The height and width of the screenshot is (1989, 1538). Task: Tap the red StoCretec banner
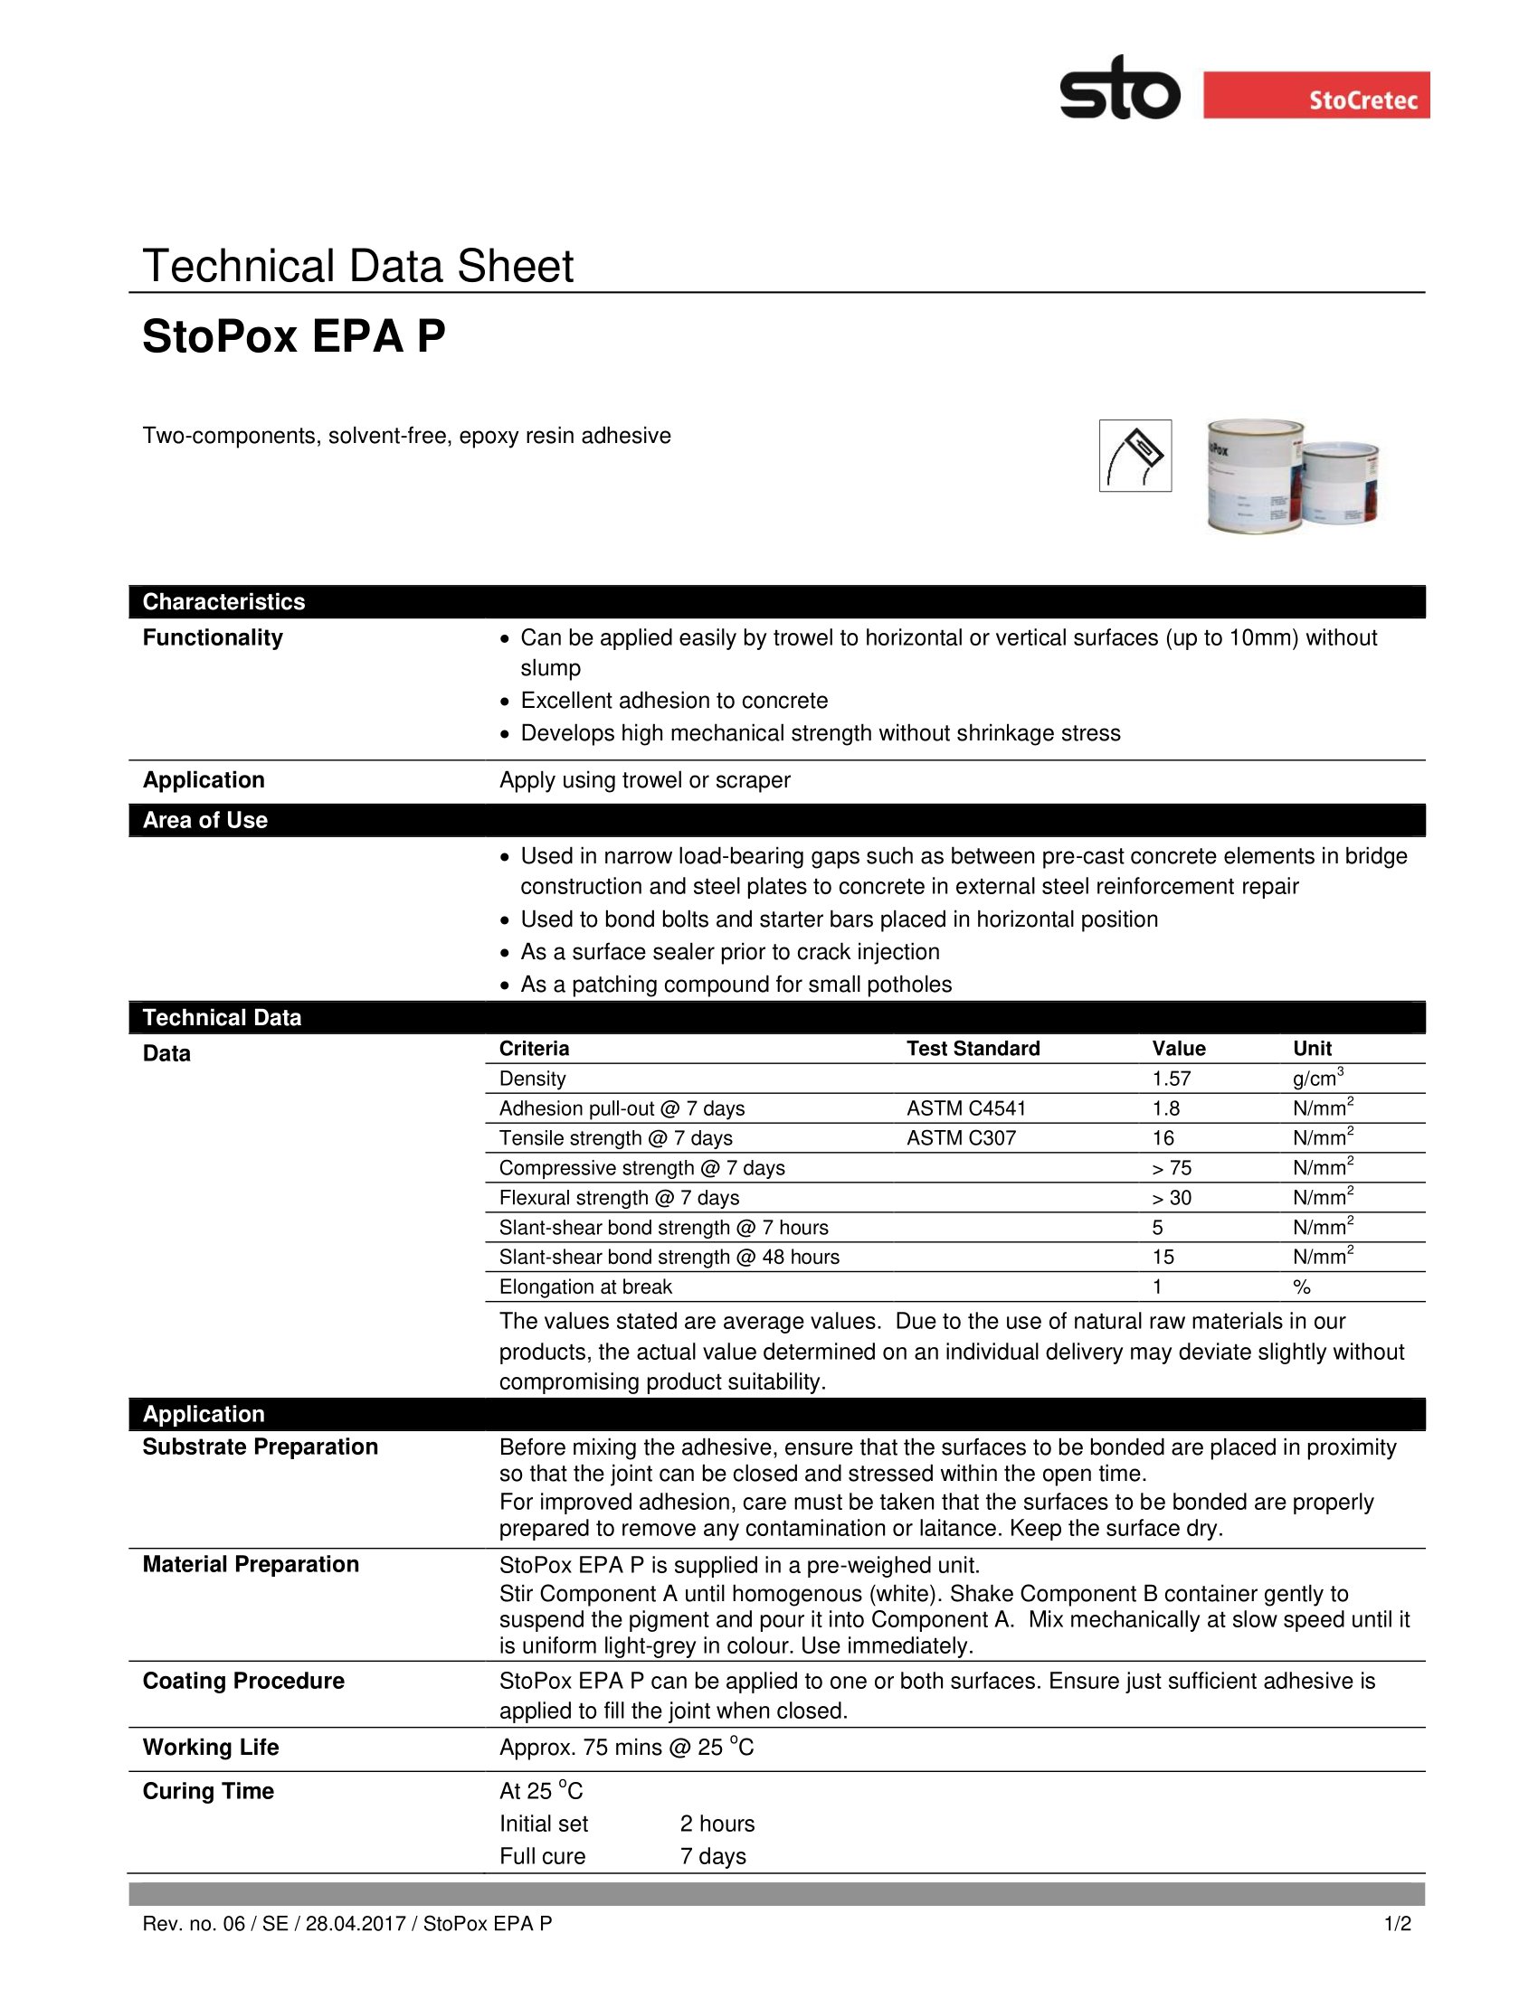tap(1315, 95)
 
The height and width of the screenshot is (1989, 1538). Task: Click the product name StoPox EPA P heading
tap(293, 337)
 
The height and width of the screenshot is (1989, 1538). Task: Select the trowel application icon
tap(1135, 456)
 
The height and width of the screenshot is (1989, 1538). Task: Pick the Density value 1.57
tap(1171, 1079)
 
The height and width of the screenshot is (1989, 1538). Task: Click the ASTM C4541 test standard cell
tap(966, 1108)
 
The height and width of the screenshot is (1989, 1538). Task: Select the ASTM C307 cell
tap(960, 1138)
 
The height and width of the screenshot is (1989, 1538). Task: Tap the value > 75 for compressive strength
tap(1171, 1168)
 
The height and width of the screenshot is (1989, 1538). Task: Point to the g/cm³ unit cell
tap(1317, 1079)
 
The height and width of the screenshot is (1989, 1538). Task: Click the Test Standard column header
tap(973, 1049)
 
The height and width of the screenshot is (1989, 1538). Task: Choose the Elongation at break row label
tap(585, 1287)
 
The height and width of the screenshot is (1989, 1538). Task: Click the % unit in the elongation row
tap(1301, 1287)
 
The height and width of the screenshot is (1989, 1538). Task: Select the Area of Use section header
tap(205, 821)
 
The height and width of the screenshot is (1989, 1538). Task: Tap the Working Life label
tap(211, 1748)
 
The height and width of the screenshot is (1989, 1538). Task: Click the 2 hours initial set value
tap(717, 1824)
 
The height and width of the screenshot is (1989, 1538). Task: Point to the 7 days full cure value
tap(713, 1857)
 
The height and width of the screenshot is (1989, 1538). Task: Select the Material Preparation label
tap(251, 1565)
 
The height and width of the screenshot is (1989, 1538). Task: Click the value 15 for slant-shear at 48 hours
tap(1163, 1258)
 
